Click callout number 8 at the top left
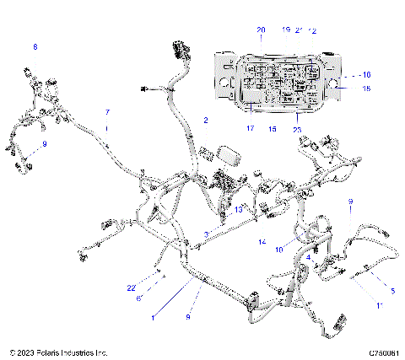coord(35,46)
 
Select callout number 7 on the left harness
coord(107,112)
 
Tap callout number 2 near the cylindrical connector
coord(204,121)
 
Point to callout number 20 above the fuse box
coord(260,30)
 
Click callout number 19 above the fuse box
coord(286,30)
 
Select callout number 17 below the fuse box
coord(250,129)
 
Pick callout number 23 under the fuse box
coord(297,129)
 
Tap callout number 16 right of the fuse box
coord(366,74)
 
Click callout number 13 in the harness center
coord(240,207)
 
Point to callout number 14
coord(262,242)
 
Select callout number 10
coord(278,250)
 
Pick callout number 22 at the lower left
coord(132,287)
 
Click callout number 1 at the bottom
coord(152,318)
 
